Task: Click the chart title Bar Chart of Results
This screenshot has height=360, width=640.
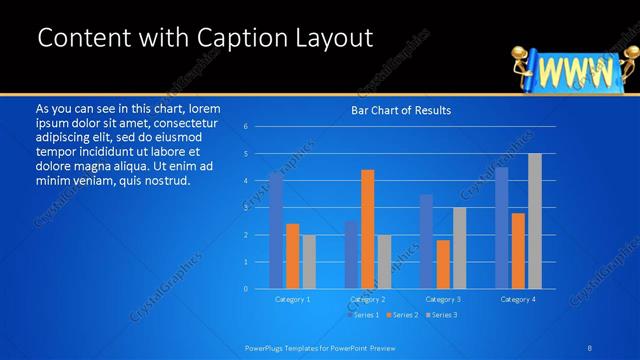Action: tap(400, 110)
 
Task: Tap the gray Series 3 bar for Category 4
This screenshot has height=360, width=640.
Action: tap(535, 221)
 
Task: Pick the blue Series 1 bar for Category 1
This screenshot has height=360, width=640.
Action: tap(276, 230)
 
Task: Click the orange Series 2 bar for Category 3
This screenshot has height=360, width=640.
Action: tap(443, 264)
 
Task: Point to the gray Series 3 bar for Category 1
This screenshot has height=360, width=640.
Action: tap(309, 262)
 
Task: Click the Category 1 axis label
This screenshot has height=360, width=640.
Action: tap(292, 299)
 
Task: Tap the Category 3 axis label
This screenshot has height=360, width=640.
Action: tap(443, 299)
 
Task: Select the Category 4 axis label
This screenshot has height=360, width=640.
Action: tap(518, 299)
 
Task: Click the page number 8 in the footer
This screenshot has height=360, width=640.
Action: tap(591, 346)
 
